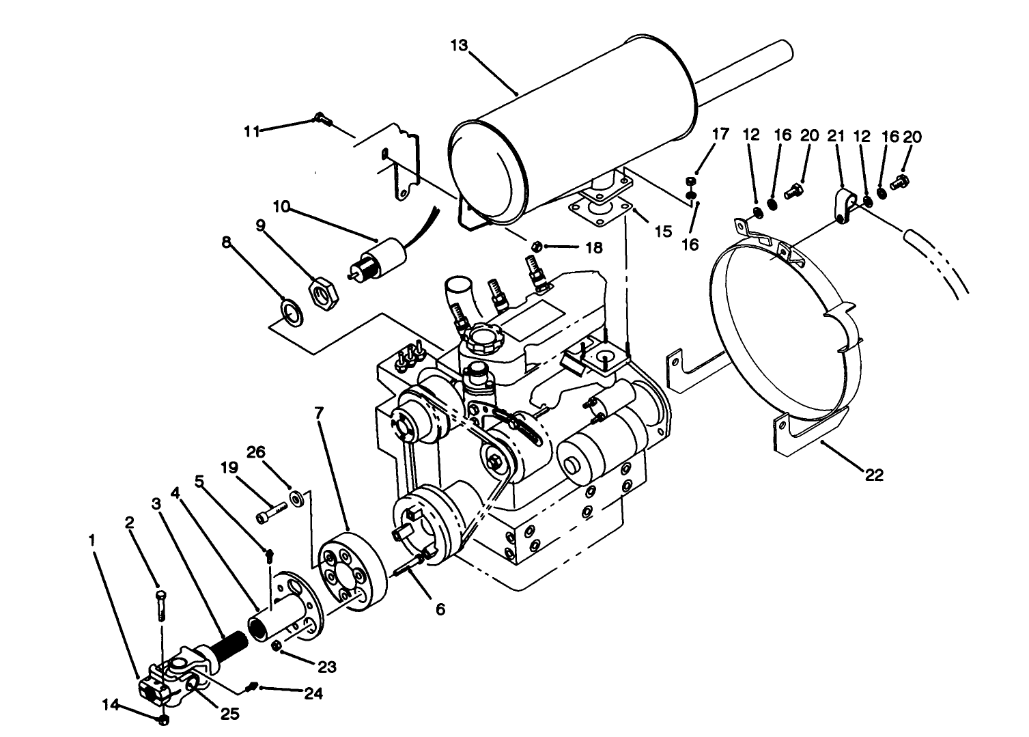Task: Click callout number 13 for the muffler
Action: (460, 46)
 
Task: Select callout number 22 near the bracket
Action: (873, 475)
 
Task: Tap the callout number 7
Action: (319, 413)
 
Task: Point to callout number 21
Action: (836, 136)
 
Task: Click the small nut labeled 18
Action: (537, 245)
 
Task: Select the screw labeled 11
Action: (322, 120)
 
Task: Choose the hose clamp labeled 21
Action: (843, 206)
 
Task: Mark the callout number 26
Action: (274, 452)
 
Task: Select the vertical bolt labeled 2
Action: (160, 604)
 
